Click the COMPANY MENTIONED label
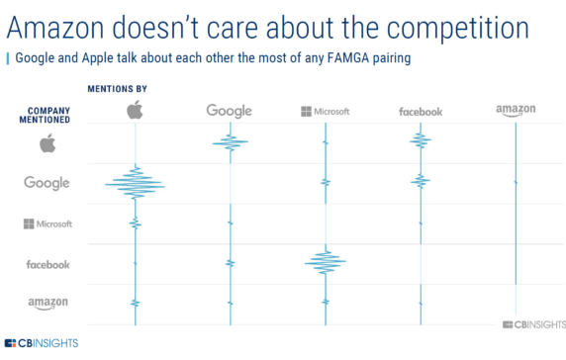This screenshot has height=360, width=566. point(47,114)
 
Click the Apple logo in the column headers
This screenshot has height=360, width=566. point(136,109)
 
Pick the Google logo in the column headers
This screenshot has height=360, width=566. point(230,111)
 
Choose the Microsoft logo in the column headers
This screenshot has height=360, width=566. point(325,111)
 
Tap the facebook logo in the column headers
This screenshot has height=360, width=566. point(421,112)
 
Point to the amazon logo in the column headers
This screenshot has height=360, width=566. point(516,111)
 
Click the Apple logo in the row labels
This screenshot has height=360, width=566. point(47,144)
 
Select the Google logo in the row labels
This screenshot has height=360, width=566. point(47,183)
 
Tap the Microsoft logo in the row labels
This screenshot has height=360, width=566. point(47,224)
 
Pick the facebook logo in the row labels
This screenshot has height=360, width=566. point(47,264)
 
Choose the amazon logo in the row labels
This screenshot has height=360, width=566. point(47,303)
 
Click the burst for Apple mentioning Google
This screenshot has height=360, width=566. point(136,184)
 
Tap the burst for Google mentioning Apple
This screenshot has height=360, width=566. point(230,144)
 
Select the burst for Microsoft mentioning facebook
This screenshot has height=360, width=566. point(325,261)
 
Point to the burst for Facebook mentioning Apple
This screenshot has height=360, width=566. point(421,141)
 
